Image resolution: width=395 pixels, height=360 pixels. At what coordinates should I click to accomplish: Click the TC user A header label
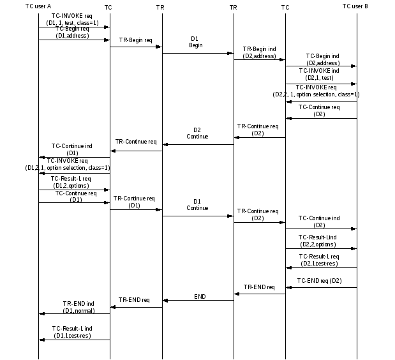38,6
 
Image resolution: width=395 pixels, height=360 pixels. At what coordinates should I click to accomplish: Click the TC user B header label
355,6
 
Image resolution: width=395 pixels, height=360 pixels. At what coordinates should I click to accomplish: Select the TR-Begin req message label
135,40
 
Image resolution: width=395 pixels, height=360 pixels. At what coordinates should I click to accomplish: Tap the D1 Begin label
196,42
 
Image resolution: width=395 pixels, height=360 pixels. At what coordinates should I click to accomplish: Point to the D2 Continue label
197,133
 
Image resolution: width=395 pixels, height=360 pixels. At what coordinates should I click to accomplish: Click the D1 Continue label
197,205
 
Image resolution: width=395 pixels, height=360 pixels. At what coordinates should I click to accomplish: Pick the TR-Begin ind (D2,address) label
258,52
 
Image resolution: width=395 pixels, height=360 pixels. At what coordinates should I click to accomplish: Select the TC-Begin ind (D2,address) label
322,59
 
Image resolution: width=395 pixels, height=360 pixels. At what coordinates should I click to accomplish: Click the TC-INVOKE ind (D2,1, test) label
319,74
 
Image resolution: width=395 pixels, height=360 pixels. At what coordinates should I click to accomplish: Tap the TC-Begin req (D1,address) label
72,33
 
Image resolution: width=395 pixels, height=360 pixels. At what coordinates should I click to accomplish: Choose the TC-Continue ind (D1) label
72,149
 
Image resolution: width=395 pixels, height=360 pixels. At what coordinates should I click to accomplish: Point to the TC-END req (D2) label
320,281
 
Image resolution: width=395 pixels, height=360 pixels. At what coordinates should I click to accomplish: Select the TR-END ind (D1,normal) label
78,307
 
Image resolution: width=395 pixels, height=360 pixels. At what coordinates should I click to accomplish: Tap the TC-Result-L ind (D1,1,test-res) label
72,332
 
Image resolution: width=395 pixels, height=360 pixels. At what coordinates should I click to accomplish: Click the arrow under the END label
198,300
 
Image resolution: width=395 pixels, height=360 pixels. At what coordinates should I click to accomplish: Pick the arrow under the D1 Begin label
198,53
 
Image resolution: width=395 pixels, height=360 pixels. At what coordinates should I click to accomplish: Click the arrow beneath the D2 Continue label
198,144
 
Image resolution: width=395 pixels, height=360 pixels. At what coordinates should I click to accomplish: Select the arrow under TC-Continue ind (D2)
320,229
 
